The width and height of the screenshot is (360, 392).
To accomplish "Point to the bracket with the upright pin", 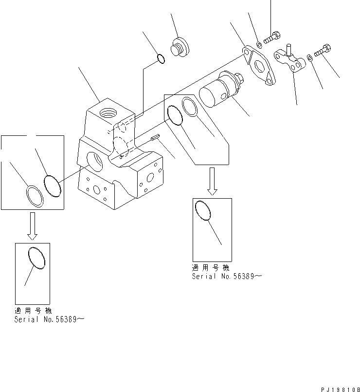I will pyautogui.click(x=290, y=61).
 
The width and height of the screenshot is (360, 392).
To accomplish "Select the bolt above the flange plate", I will pyautogui.click(x=273, y=36).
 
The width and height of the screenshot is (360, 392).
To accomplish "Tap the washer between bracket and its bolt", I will pyautogui.click(x=310, y=59).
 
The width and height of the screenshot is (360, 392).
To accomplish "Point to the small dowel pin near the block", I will pyautogui.click(x=155, y=139).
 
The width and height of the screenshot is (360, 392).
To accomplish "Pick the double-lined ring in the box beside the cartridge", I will pyautogui.click(x=190, y=107).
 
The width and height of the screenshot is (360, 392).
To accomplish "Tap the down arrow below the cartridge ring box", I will pyautogui.click(x=212, y=181).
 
